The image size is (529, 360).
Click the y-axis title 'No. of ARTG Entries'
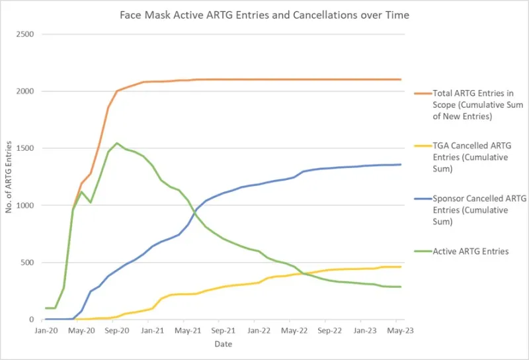tap(9, 177)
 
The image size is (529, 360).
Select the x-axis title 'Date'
tap(223, 345)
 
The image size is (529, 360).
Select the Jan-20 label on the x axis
tap(46, 329)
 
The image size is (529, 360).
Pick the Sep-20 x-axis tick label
tap(116, 329)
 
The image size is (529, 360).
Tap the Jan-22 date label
tap(259, 329)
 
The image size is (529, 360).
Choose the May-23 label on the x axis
tap(401, 329)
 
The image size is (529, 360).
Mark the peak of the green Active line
tap(117, 143)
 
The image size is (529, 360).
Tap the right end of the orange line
tap(401, 79)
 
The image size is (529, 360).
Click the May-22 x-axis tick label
tap(294, 329)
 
